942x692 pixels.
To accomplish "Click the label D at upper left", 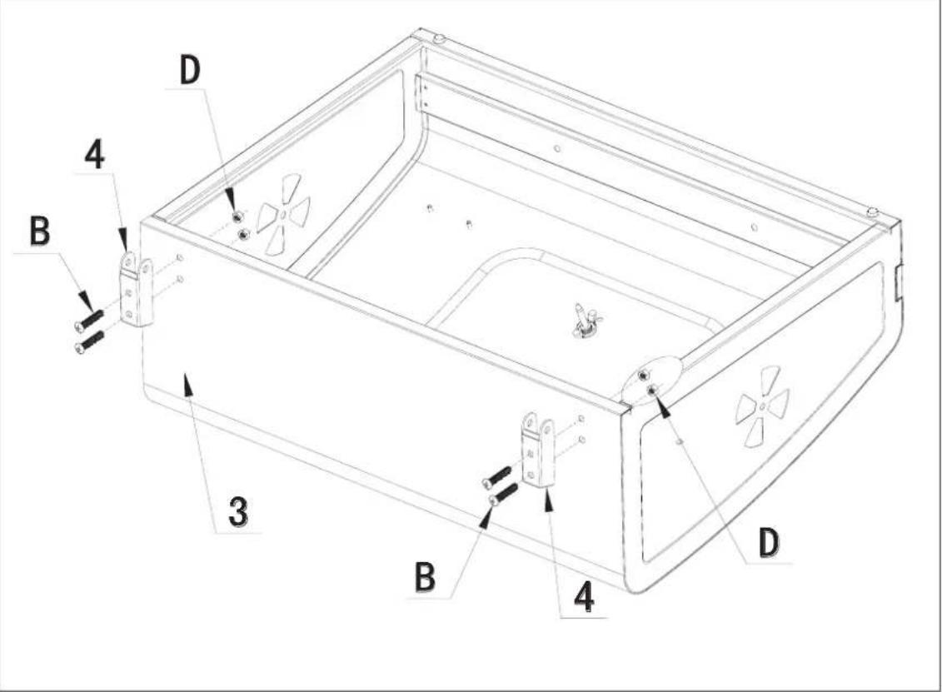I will [x=190, y=72].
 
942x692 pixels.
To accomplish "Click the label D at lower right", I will [x=769, y=543].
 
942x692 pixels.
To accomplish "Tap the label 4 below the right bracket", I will [x=586, y=598].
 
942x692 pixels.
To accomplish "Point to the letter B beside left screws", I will [x=39, y=233].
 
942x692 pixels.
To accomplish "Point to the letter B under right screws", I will [x=425, y=577].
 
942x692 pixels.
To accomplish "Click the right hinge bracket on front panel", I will [x=538, y=450].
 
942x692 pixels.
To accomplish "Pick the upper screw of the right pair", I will [x=497, y=476].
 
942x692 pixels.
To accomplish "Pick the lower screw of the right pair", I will [x=504, y=495].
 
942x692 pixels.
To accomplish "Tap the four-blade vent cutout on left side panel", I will [x=283, y=214].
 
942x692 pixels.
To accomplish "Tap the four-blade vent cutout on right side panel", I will [x=762, y=406].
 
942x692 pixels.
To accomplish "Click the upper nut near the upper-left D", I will [x=237, y=217].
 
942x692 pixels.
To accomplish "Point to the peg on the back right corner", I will [x=872, y=212].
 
